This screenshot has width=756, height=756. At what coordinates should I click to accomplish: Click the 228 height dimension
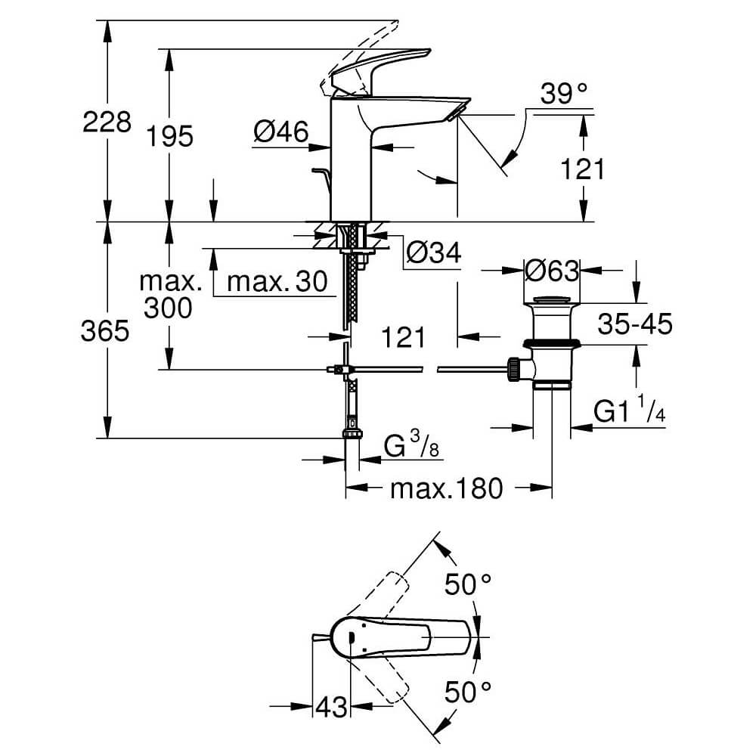pos(106,121)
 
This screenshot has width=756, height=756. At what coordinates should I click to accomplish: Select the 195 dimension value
pos(171,136)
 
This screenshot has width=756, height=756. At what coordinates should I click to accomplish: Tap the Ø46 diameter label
pos(281,133)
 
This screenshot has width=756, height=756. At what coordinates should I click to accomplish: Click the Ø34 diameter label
pos(433,253)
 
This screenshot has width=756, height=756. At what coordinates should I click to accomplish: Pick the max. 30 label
pos(277,282)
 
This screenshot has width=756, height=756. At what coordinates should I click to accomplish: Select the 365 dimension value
pos(105,330)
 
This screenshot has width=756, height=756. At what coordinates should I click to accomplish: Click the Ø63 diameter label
pos(552,269)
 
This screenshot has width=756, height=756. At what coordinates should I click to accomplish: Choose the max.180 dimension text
pos(446,489)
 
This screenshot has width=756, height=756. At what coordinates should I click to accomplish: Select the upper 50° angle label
pos(467,584)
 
